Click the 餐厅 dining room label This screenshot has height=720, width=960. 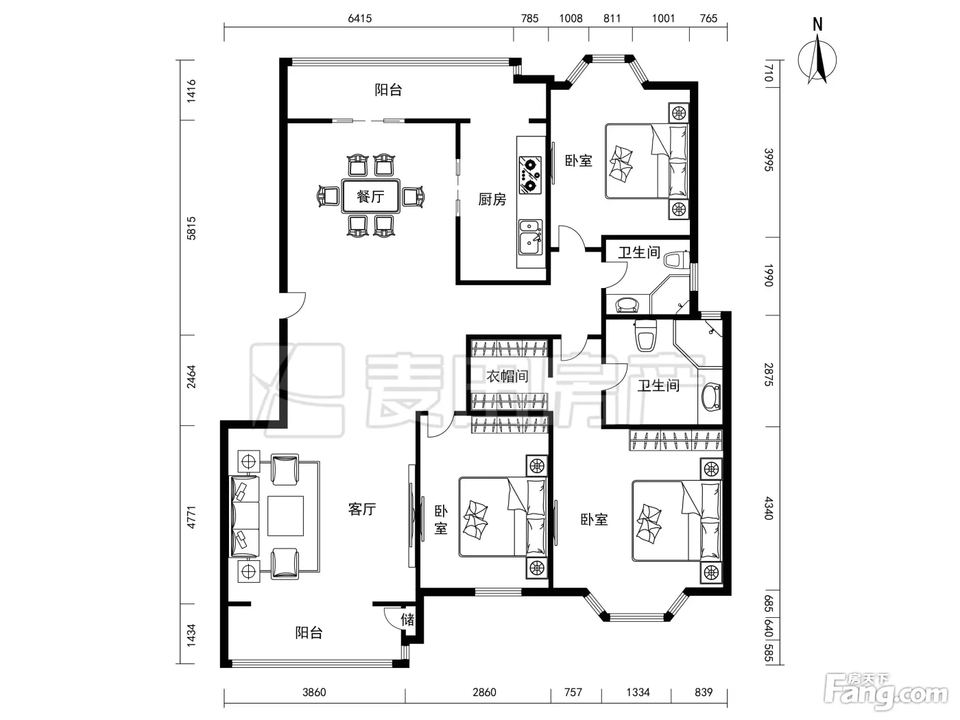coord(370,196)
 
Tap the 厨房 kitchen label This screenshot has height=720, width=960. coord(492,200)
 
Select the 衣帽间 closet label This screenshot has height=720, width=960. coord(507,376)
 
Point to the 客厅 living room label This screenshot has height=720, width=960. coord(362,509)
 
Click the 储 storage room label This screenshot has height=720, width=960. coord(407,619)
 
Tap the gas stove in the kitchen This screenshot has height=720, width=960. coord(530,176)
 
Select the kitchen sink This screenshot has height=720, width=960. coord(531,237)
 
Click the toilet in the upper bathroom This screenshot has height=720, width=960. coord(676,259)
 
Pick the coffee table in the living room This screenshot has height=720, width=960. coord(285,516)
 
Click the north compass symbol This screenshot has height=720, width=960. coord(817,56)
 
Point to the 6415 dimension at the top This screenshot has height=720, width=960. coord(359,19)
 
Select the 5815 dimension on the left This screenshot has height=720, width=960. coord(191,228)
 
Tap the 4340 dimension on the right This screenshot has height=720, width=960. coord(769,508)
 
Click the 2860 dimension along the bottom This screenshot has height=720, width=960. coord(484,693)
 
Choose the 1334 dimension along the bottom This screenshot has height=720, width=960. coord(638,693)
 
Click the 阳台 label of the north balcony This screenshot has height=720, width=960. coord(388,90)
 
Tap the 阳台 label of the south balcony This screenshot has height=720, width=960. coord(309,632)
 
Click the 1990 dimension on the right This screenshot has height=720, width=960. coord(769,275)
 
